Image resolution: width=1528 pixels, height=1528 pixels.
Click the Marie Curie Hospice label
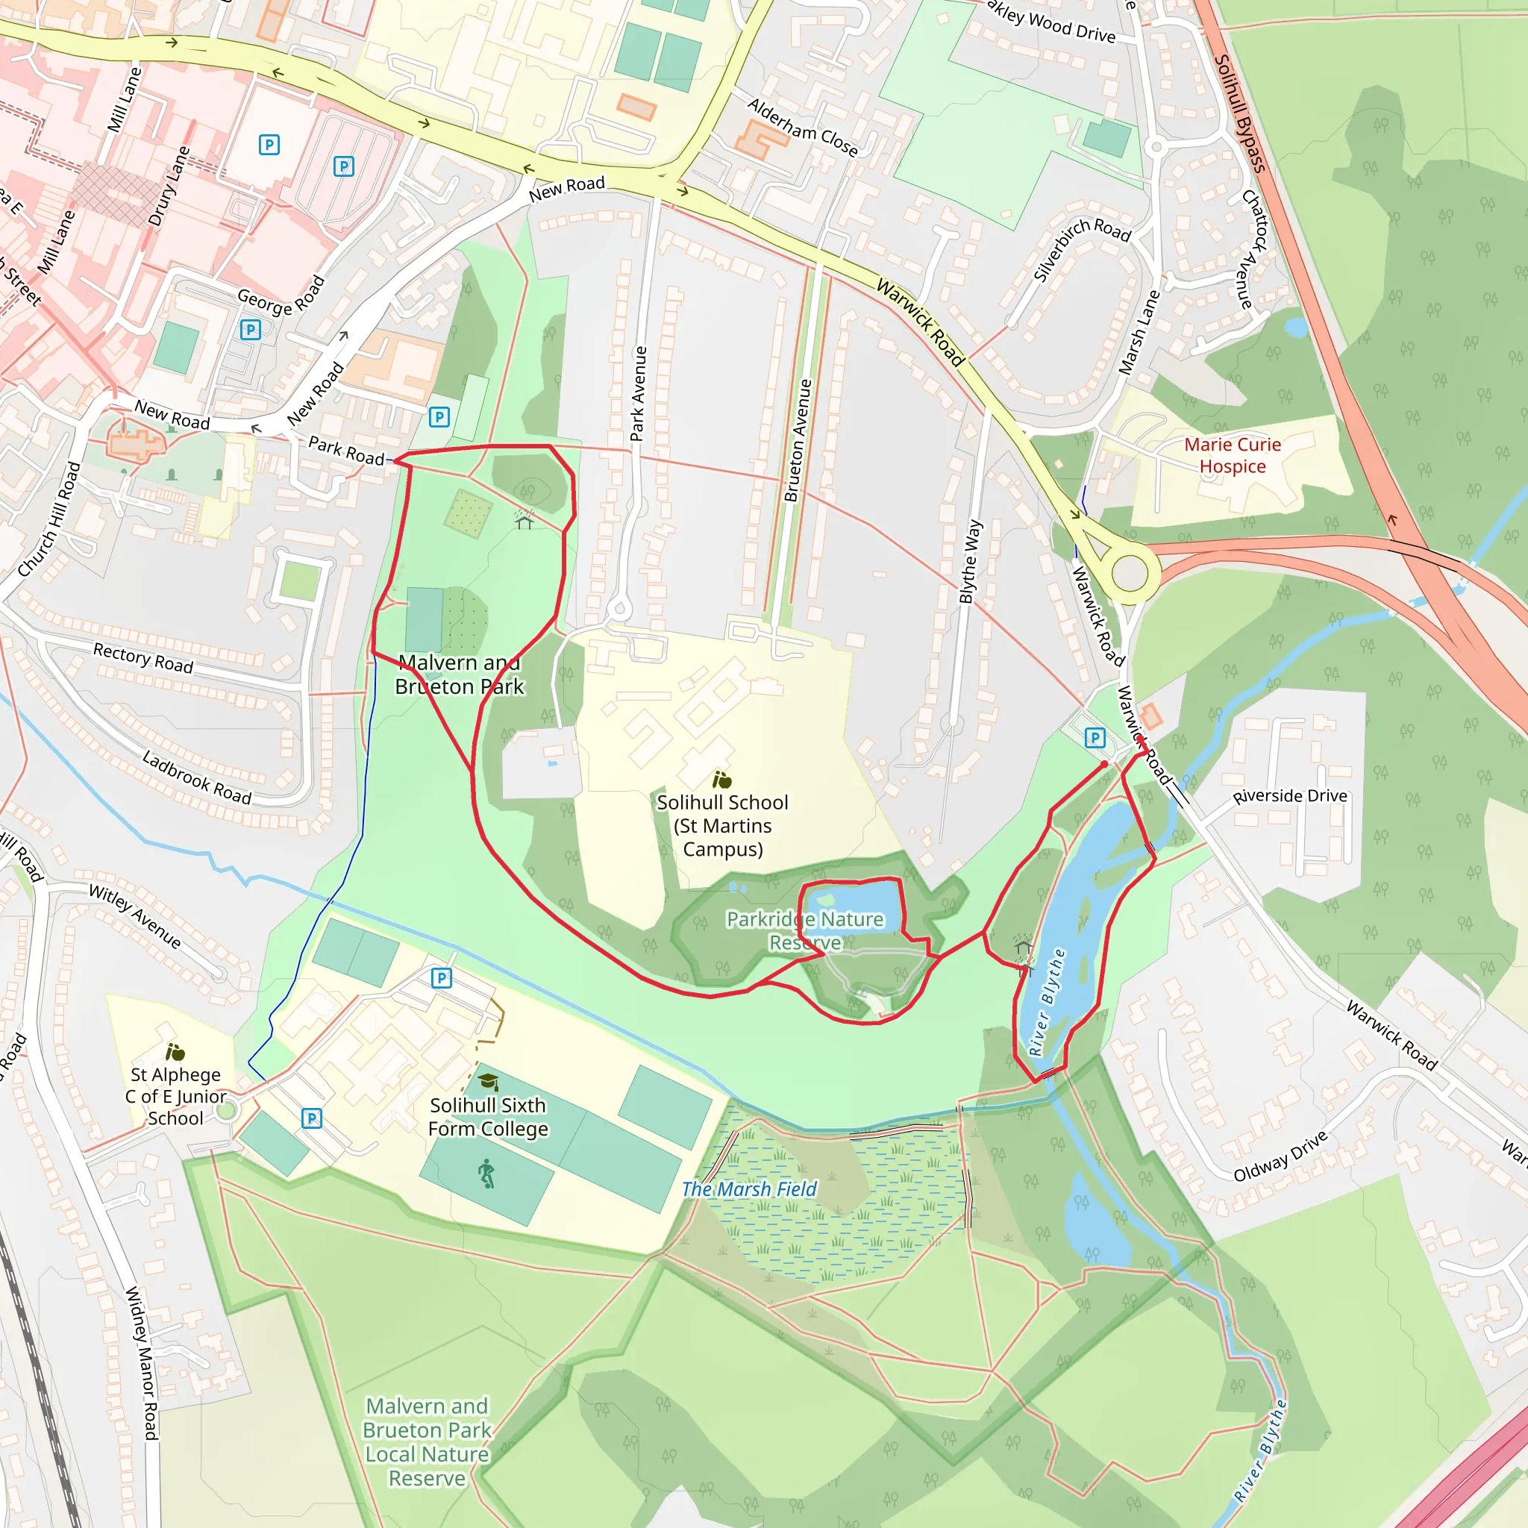(x=1233, y=456)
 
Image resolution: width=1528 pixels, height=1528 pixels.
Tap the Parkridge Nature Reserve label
(x=804, y=930)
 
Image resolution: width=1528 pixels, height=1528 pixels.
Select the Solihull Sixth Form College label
(x=487, y=1116)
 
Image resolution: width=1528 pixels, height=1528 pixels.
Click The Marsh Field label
(x=748, y=1189)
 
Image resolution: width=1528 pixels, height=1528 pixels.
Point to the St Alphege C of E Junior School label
(x=175, y=1095)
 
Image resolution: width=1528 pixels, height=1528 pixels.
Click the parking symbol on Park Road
(x=439, y=417)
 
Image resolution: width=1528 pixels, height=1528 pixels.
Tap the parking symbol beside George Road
(x=250, y=330)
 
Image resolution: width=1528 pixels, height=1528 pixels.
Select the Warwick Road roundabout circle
(x=1130, y=572)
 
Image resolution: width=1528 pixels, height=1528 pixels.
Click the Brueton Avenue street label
(x=798, y=440)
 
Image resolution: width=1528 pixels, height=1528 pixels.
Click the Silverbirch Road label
(x=1082, y=248)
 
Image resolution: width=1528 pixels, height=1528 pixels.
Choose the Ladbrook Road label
(x=196, y=777)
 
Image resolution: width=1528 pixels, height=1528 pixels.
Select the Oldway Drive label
(x=1280, y=1156)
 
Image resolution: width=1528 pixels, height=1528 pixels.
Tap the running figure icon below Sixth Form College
(x=487, y=1174)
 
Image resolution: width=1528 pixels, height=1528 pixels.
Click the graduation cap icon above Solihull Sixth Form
(x=488, y=1082)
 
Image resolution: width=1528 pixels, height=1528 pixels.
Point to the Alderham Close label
(x=802, y=128)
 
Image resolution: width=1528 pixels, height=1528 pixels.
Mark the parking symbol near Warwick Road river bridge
(x=1095, y=738)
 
